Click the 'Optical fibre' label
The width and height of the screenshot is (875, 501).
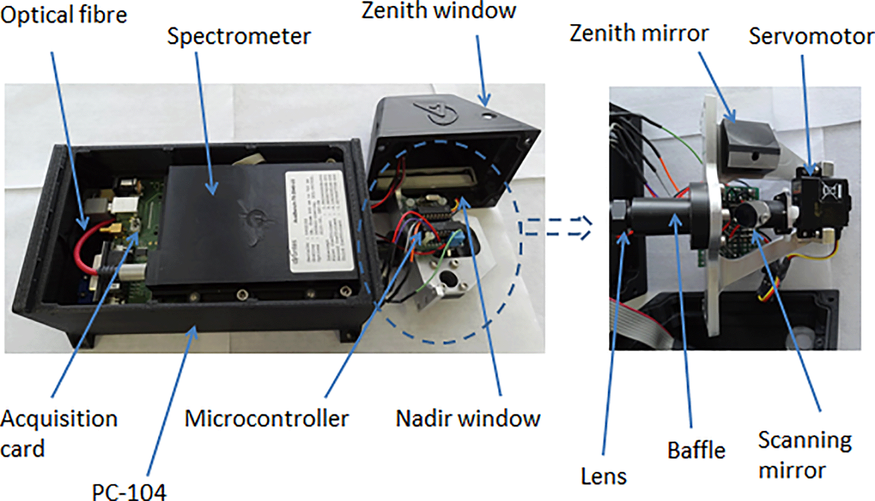[x=64, y=15]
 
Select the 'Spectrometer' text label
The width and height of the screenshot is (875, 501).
[x=239, y=36]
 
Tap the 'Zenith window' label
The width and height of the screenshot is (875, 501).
[x=438, y=11]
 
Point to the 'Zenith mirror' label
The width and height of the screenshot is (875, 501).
[x=639, y=34]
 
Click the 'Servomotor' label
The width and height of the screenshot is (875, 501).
[x=811, y=36]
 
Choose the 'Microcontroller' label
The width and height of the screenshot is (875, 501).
[x=266, y=418]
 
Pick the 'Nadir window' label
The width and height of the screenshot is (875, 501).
[x=468, y=418]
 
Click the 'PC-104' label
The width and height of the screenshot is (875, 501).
[x=129, y=492]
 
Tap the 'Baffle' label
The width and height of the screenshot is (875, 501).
[x=696, y=450]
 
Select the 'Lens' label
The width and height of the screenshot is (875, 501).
[x=603, y=476]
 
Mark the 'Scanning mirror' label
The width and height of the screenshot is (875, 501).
[x=805, y=455]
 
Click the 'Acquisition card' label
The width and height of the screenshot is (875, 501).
[x=58, y=433]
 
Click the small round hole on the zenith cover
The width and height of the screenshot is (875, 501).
[x=488, y=116]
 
